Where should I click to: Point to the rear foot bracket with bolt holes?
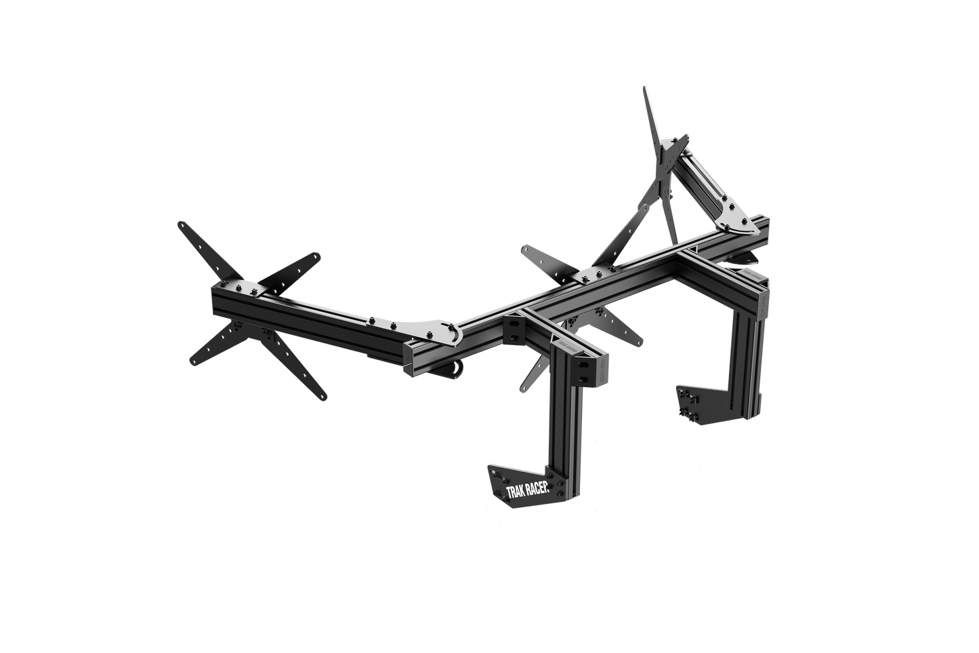[698, 403]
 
